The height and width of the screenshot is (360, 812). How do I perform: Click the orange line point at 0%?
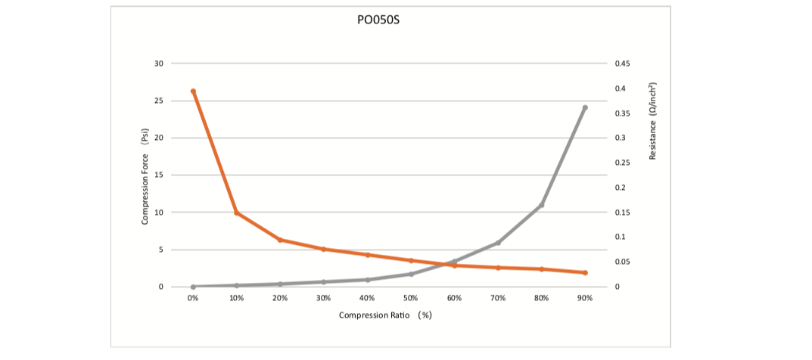(193, 92)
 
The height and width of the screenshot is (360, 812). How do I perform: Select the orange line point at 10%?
(237, 213)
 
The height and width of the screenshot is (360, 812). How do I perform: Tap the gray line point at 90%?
(585, 107)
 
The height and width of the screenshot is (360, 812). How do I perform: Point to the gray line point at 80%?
(542, 205)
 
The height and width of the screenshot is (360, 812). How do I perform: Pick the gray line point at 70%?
(498, 243)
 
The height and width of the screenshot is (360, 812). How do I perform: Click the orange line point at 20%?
(280, 240)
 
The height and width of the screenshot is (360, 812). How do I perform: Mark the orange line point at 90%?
(585, 272)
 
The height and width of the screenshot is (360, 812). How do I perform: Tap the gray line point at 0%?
(193, 287)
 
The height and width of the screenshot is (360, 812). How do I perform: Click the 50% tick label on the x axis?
(411, 299)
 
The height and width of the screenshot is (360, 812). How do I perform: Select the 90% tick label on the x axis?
(585, 299)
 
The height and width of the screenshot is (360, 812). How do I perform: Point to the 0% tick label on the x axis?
(193, 299)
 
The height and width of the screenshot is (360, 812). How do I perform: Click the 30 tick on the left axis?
(158, 64)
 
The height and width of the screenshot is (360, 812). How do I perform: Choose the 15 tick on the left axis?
(158, 175)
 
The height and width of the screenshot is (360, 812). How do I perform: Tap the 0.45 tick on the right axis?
(624, 64)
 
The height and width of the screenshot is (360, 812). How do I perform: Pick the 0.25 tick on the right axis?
(624, 163)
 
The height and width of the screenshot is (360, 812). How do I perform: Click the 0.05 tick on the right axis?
(624, 262)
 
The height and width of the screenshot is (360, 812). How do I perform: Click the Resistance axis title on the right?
(652, 120)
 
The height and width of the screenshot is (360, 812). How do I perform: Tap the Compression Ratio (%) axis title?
(385, 315)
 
